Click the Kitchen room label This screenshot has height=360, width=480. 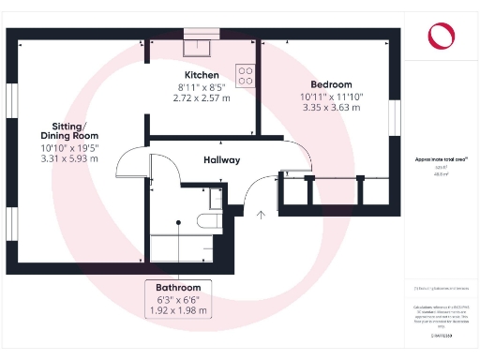[202, 75]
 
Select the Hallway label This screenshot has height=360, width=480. [222, 160]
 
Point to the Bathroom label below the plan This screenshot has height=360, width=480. [178, 287]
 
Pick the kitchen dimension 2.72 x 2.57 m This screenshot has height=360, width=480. [202, 97]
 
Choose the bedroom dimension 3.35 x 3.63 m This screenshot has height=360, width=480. [324, 107]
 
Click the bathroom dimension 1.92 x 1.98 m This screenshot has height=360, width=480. [178, 310]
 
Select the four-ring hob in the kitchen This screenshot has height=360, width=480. [247, 73]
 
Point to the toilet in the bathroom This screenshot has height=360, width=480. [209, 221]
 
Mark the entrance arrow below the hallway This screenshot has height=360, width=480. [260, 216]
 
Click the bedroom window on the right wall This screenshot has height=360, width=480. [395, 118]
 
